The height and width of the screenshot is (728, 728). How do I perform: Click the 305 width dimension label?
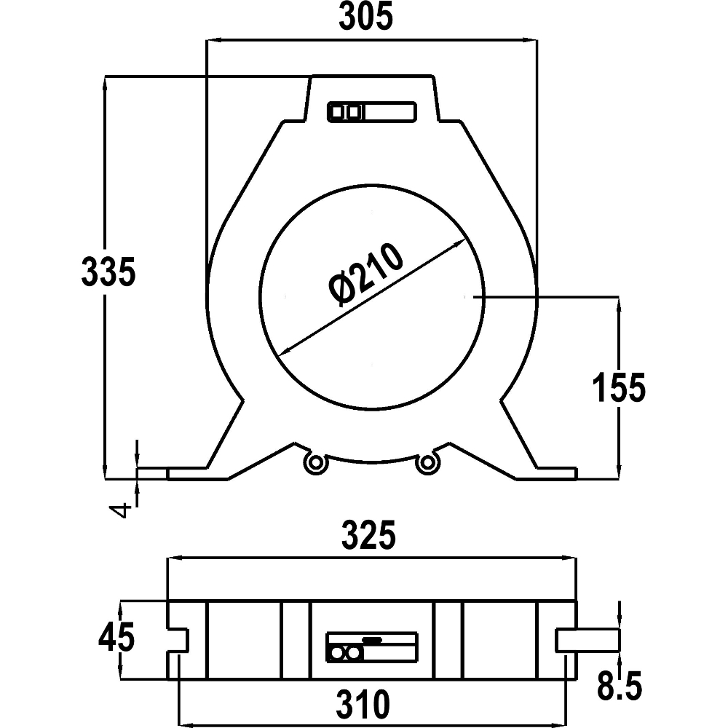(x=366, y=16)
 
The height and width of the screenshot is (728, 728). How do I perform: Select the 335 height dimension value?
(x=108, y=271)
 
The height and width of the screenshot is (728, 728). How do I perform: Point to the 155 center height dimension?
(x=620, y=387)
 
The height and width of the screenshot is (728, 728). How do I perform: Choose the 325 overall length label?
(x=368, y=535)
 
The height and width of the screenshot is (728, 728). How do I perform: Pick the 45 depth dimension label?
(x=116, y=636)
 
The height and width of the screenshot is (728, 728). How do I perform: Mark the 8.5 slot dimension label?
(x=620, y=685)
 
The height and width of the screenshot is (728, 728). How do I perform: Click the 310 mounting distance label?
(x=363, y=704)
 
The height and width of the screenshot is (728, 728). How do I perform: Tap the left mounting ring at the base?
(x=316, y=462)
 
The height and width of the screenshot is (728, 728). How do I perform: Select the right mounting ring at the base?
(x=427, y=462)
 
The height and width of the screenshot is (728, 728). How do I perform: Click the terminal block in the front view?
(x=372, y=112)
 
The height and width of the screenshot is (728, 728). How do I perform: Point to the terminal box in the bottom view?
(x=372, y=646)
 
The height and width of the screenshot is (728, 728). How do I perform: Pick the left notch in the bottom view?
(x=178, y=640)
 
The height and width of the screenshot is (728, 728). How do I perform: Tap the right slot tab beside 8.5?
(x=587, y=640)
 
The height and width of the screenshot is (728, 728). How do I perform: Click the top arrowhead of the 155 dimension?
(x=620, y=304)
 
